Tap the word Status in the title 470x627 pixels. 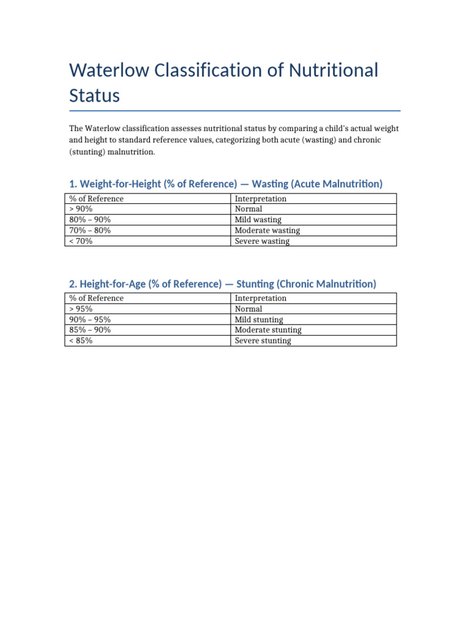pos(94,96)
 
